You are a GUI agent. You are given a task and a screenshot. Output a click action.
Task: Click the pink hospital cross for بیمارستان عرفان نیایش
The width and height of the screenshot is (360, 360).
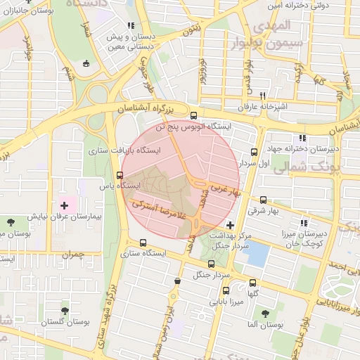tap(65, 206)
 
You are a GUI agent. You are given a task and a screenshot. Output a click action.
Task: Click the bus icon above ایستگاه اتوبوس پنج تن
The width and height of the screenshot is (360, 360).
tap(194, 115)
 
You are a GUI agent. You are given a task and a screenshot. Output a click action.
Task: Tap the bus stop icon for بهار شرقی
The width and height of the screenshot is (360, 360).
tap(263, 200)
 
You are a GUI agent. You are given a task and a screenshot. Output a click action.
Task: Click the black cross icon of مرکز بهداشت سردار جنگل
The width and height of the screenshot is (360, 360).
tap(230, 224)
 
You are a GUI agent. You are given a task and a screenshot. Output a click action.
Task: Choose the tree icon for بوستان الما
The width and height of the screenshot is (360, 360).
tap(264, 314)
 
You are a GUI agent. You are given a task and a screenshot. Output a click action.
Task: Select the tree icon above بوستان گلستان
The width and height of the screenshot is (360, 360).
tap(65, 309)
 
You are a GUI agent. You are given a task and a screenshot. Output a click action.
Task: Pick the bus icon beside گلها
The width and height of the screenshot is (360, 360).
tap(252, 283)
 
